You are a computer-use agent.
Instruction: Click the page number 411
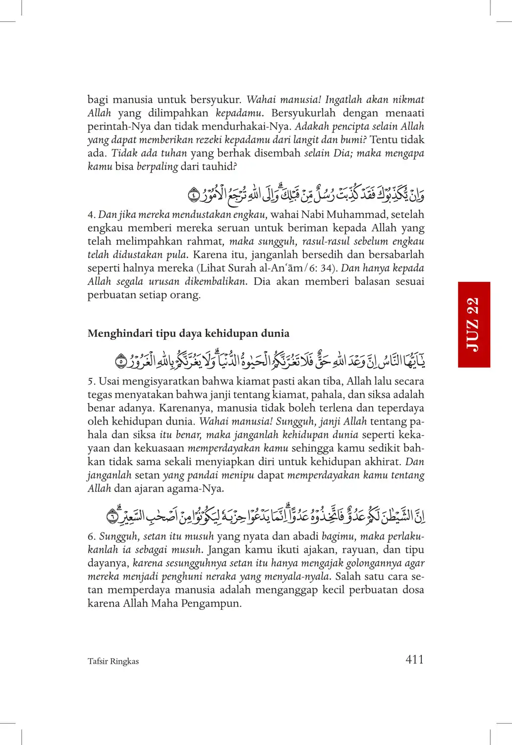[414, 659]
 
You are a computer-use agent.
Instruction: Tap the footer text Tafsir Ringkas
[113, 661]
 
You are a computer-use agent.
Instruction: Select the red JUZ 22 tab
[474, 324]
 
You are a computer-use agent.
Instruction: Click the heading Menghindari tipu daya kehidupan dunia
[188, 333]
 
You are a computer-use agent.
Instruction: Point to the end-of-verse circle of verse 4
[193, 195]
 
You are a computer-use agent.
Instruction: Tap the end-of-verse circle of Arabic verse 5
[120, 362]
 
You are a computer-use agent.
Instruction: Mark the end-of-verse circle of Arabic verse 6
[113, 516]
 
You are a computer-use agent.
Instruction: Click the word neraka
[221, 577]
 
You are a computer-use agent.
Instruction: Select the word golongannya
[366, 563]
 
